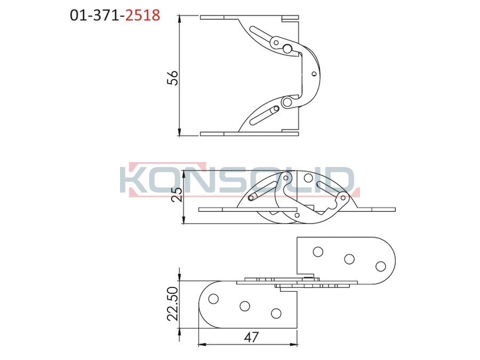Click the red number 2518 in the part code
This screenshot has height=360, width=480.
142,15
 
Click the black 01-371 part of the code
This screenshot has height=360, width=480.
95,15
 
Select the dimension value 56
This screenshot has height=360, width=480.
172,78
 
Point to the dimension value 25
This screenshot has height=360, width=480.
177,194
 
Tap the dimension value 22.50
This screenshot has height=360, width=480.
173,303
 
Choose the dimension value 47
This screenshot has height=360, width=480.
251,337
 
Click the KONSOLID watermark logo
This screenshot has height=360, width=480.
239,180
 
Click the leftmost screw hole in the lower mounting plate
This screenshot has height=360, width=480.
213,299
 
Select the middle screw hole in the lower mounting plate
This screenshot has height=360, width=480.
245,306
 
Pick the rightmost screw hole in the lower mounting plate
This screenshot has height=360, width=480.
276,313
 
